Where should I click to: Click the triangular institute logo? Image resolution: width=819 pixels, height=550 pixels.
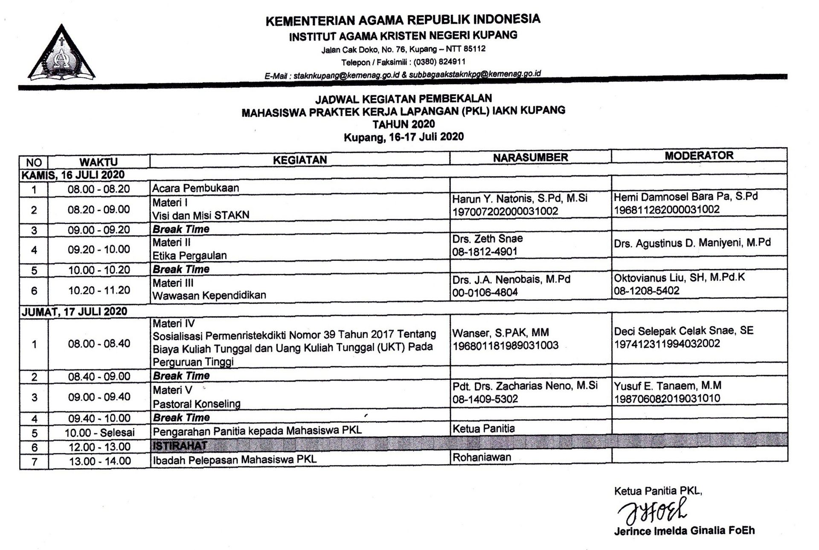click(x=62, y=53)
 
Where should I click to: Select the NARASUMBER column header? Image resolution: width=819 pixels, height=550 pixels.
click(x=530, y=157)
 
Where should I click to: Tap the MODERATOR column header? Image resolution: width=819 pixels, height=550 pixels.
click(x=699, y=155)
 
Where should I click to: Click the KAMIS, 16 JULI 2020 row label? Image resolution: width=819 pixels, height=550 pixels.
click(x=73, y=175)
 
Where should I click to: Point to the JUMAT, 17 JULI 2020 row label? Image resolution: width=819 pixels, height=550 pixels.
click(x=74, y=311)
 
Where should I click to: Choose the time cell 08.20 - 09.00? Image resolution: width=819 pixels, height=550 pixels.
click(x=99, y=210)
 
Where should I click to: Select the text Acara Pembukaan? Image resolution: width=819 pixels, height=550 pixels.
click(x=196, y=188)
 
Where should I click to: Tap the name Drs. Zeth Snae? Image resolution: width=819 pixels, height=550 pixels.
click(x=488, y=239)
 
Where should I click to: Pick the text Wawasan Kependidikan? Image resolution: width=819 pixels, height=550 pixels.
click(x=209, y=295)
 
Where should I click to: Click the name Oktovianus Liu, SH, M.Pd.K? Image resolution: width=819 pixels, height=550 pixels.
click(x=680, y=278)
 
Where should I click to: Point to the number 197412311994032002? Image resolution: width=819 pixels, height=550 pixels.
click(x=667, y=344)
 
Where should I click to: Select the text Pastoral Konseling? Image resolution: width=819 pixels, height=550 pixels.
click(x=197, y=404)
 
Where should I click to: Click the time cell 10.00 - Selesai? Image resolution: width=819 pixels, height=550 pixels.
click(x=99, y=433)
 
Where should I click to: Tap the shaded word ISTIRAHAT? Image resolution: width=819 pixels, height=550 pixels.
click(x=180, y=445)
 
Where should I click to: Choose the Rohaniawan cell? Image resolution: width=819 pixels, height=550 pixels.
click(x=482, y=457)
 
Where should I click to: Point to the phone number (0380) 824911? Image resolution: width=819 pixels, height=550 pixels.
click(x=439, y=62)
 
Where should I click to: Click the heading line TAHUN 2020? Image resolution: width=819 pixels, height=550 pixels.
click(x=404, y=124)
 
